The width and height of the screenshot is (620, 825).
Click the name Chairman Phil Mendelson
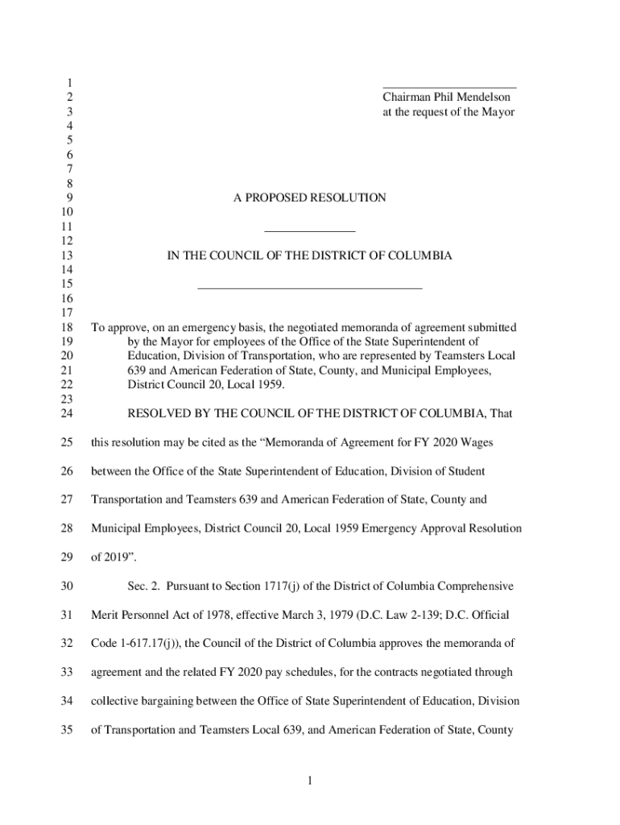tap(446, 97)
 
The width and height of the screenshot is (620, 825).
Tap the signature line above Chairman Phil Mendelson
tap(448, 86)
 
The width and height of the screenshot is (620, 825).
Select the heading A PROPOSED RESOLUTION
tap(309, 197)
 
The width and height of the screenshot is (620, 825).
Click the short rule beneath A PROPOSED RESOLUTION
tap(309, 232)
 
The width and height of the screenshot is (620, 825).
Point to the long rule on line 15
tap(309, 287)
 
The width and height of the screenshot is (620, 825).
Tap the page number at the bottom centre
tap(309, 781)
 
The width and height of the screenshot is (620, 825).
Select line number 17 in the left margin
tap(68, 313)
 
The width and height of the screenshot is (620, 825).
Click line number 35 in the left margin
tap(68, 730)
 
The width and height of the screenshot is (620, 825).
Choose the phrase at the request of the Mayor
tap(448, 112)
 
